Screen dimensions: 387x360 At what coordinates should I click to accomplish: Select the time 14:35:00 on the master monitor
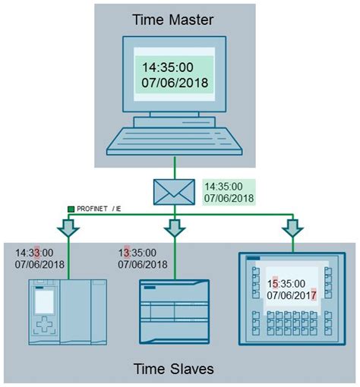[x=165, y=66]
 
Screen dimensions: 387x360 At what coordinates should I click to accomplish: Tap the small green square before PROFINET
[x=71, y=208]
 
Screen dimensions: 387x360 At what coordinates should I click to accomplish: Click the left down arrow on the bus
[x=69, y=227]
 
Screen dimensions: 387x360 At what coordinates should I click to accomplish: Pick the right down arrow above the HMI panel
[x=290, y=227]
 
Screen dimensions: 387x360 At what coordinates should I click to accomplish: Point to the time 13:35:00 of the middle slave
[x=137, y=253]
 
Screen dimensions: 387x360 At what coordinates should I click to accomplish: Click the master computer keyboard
[x=175, y=139]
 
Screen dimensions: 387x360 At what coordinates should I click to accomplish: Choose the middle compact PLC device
[x=175, y=311]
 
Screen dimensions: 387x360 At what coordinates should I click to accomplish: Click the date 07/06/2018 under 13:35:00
[x=143, y=265]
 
